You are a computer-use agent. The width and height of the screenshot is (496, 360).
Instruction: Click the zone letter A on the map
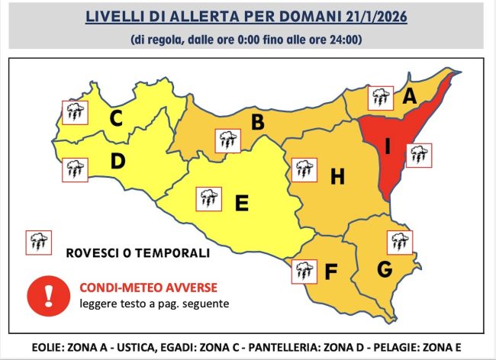click(409, 97)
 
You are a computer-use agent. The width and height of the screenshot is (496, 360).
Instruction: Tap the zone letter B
click(258, 122)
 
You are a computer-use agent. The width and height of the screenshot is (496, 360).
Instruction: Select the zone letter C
click(116, 118)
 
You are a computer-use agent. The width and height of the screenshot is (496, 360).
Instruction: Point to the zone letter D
click(118, 162)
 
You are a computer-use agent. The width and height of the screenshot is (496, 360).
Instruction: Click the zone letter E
click(241, 204)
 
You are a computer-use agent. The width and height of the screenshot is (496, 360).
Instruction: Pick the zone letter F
click(330, 271)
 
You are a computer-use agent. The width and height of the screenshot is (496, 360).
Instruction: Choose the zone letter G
click(385, 269)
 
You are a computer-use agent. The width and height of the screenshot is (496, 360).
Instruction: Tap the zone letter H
click(337, 177)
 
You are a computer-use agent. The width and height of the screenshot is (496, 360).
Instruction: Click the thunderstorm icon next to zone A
click(379, 98)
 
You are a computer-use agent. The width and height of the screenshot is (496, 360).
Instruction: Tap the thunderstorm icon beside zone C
click(74, 113)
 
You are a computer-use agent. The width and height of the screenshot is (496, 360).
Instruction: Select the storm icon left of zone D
click(74, 169)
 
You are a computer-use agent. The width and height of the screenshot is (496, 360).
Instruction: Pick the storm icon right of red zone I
click(418, 155)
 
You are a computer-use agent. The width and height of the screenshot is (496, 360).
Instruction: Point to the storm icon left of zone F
click(305, 271)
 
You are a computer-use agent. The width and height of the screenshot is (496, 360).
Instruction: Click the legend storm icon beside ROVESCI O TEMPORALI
click(38, 243)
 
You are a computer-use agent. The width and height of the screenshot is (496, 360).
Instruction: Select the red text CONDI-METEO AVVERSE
click(148, 288)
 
